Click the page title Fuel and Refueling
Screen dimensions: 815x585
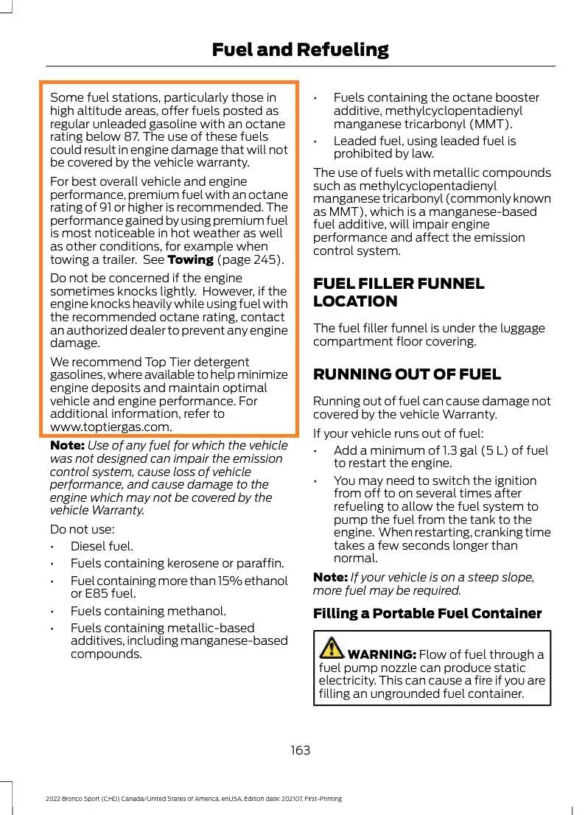[x=300, y=49]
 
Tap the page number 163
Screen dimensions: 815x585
[x=300, y=750]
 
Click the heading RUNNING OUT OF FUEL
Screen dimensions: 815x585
[x=407, y=374]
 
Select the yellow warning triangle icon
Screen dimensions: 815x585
[x=332, y=648]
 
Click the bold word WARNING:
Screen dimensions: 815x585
[x=382, y=654]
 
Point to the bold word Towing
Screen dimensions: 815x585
[x=190, y=259]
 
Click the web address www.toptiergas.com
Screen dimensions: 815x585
[x=111, y=427]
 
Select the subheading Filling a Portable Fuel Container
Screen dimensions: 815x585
[x=427, y=613]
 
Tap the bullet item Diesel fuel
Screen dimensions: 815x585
[x=102, y=546]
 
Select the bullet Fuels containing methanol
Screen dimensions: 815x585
[x=148, y=611]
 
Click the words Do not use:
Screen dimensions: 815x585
[x=82, y=529]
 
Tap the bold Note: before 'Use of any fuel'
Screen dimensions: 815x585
[x=67, y=445]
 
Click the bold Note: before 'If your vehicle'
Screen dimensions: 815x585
[x=330, y=577]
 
